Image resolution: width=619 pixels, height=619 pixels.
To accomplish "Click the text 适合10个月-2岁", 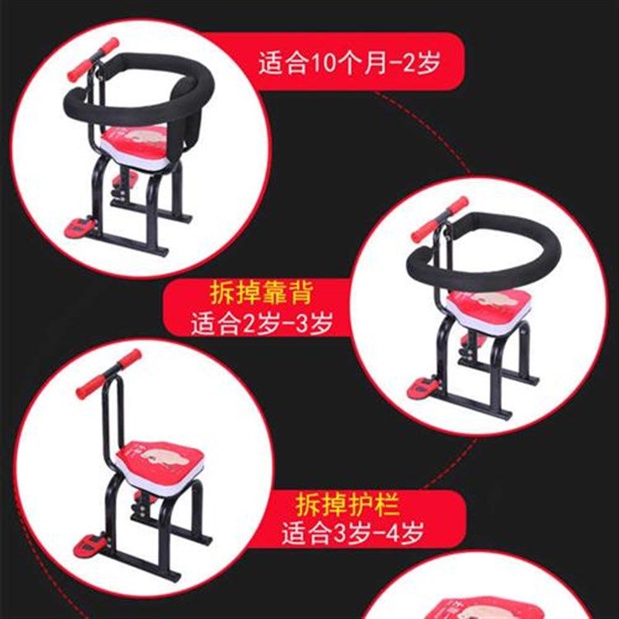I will (x=349, y=63).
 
